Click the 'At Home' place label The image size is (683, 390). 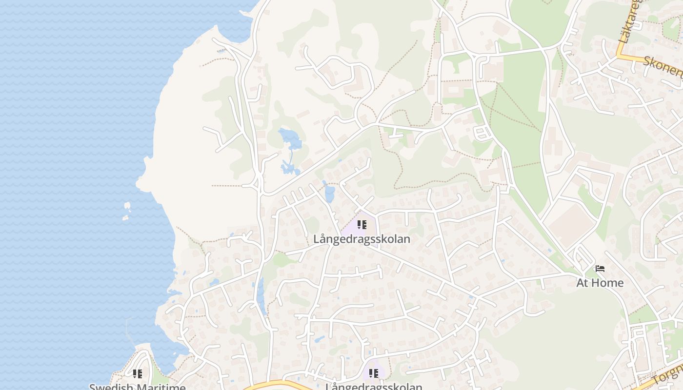tap(600, 283)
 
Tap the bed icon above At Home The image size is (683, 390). tap(600, 269)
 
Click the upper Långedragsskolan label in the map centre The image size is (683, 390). tap(362, 239)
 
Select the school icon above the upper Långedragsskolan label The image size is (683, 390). tap(362, 225)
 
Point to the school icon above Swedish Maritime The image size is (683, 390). tap(137, 374)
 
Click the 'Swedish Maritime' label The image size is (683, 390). tap(137, 387)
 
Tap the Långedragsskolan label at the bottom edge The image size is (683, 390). tap(374, 387)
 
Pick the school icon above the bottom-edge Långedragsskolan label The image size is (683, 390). tap(373, 373)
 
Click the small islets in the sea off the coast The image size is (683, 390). tap(127, 210)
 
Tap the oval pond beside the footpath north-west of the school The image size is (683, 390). tap(329, 194)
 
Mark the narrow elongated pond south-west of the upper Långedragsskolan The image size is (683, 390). tap(261, 295)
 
